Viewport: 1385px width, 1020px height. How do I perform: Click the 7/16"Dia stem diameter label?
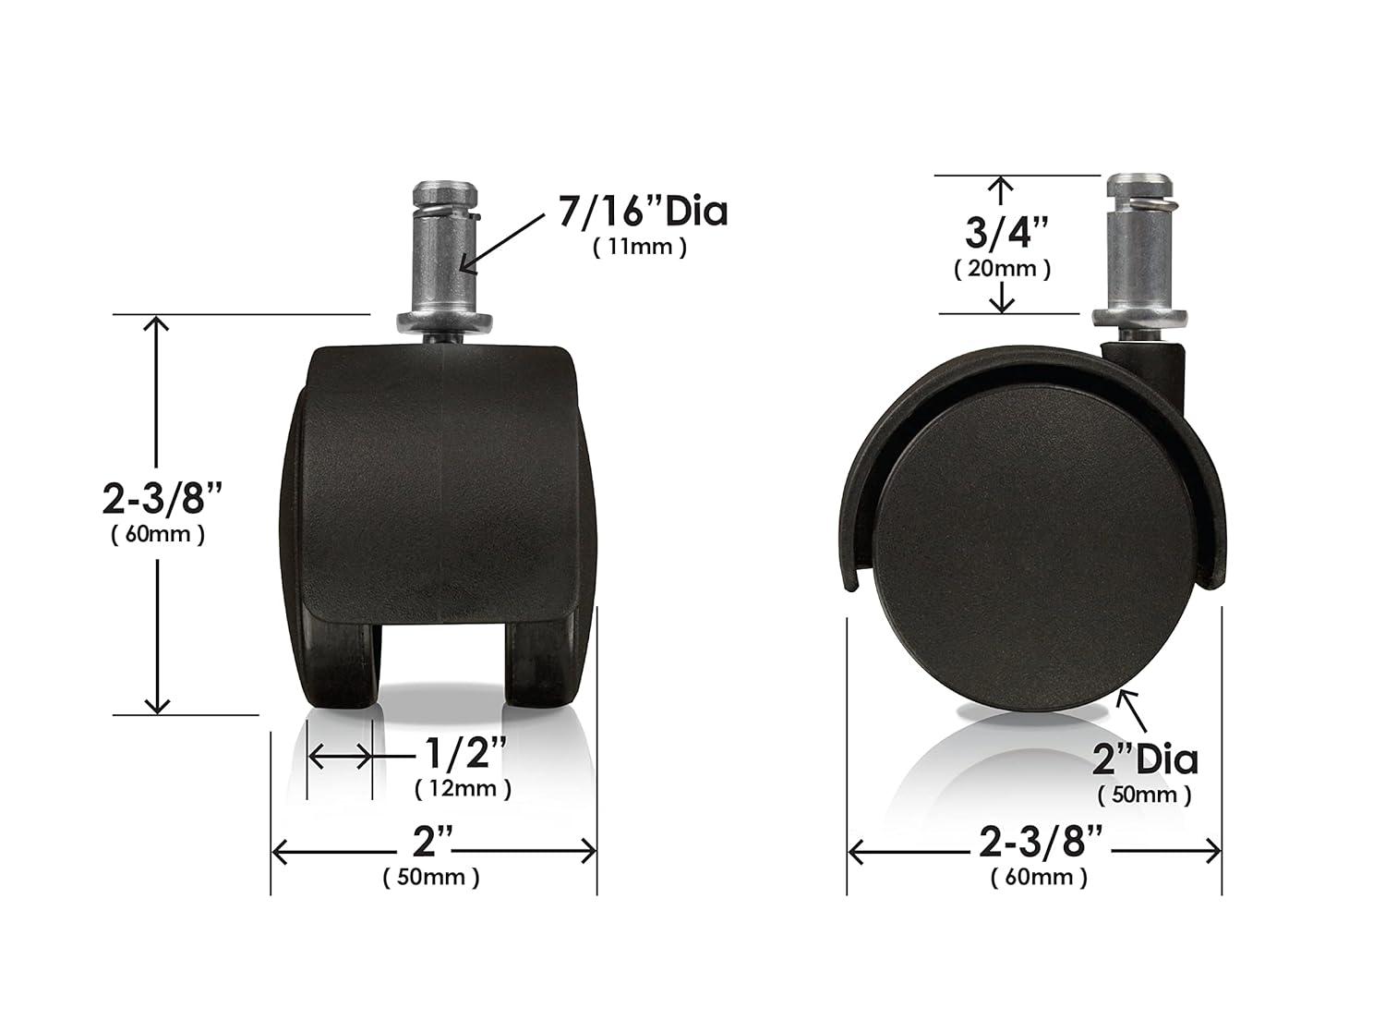coord(642,212)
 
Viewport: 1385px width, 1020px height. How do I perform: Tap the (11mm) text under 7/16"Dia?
coord(639,248)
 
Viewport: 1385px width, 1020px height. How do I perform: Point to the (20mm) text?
coord(1002,269)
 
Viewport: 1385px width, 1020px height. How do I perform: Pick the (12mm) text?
coord(463,788)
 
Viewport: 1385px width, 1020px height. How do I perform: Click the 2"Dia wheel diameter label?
coord(1145,759)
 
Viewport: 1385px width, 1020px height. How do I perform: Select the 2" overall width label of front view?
coord(432,844)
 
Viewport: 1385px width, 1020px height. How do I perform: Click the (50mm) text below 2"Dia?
coord(1144,795)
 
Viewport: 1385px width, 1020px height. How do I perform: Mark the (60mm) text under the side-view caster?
coord(1039,877)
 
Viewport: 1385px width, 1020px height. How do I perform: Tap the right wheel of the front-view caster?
coord(538,665)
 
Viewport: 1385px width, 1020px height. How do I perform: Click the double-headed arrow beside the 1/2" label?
coord(339,758)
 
